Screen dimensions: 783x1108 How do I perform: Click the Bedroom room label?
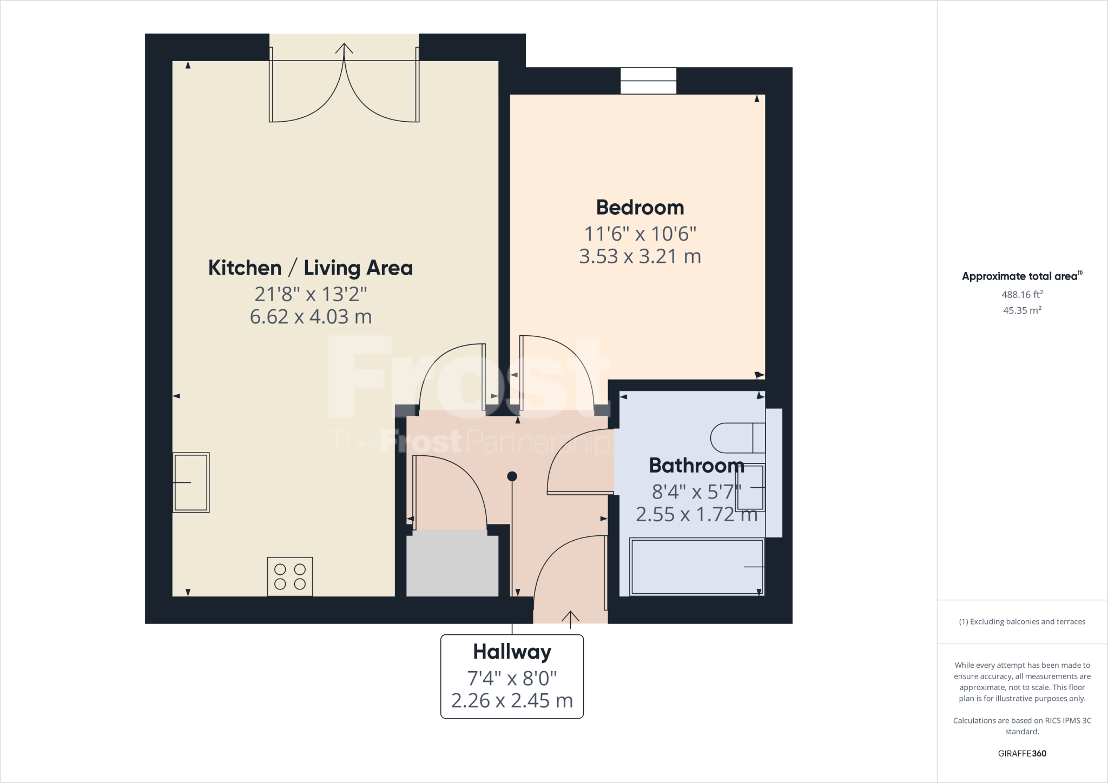click(640, 208)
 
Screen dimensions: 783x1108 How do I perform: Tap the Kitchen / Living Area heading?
click(310, 268)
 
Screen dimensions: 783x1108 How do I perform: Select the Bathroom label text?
click(696, 465)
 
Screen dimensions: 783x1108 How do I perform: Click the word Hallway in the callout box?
click(512, 652)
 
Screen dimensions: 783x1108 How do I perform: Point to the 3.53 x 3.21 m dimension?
click(640, 256)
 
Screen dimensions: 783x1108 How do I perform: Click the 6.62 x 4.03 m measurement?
click(311, 317)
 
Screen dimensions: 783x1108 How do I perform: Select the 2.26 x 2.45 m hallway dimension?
click(512, 701)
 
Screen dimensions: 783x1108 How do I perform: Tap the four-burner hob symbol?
click(290, 576)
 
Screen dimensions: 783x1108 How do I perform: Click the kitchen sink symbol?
click(191, 482)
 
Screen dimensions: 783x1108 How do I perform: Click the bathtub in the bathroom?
click(697, 567)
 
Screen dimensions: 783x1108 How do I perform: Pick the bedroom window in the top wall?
click(648, 81)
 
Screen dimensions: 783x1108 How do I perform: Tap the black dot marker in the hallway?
click(512, 476)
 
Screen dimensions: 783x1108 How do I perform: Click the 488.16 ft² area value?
click(1022, 295)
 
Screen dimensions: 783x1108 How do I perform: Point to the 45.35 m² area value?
click(1022, 310)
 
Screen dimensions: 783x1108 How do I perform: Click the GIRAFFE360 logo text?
click(1022, 753)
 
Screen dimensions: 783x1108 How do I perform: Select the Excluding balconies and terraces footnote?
click(1022, 622)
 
